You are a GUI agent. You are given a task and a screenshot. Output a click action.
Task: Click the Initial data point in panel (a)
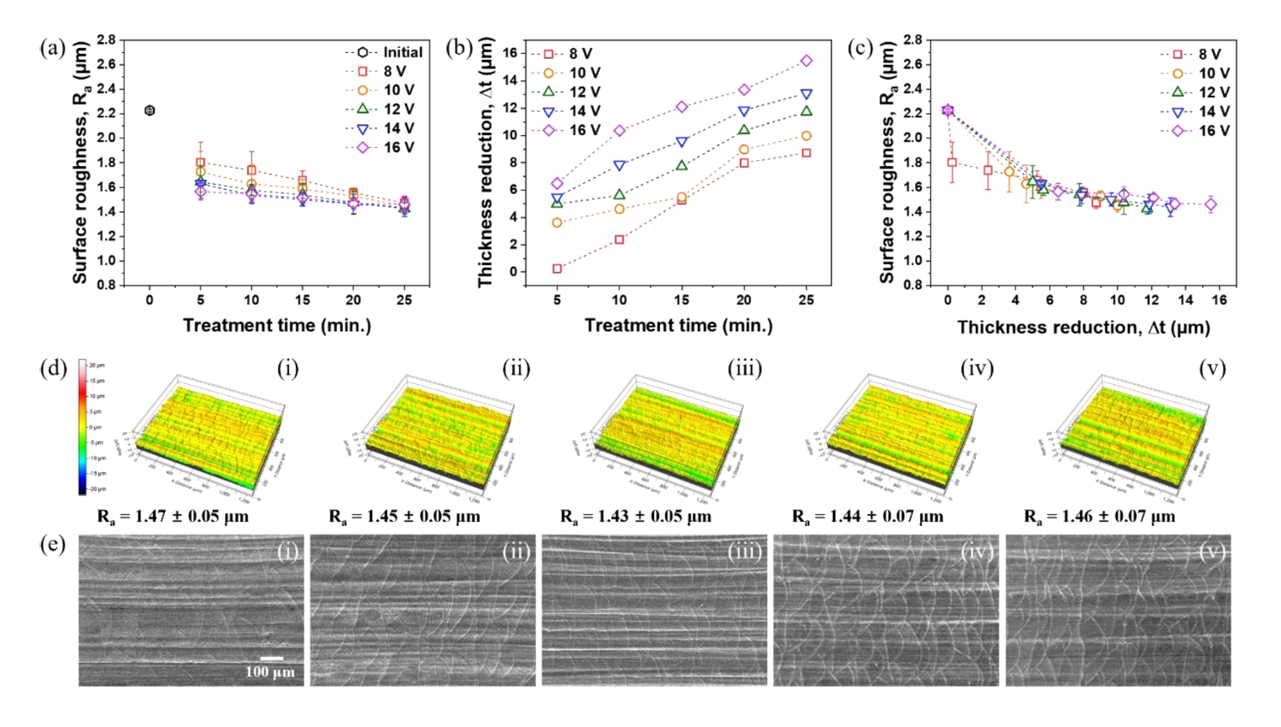click(x=150, y=110)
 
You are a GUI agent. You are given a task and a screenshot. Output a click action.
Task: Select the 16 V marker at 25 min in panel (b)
click(x=806, y=61)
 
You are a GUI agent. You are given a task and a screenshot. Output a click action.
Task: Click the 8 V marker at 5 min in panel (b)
click(x=558, y=269)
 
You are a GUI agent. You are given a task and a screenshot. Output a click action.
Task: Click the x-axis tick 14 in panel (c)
click(x=1185, y=300)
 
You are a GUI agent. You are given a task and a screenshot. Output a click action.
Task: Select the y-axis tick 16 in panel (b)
click(x=510, y=53)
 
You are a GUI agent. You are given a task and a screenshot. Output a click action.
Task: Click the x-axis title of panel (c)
click(x=1083, y=328)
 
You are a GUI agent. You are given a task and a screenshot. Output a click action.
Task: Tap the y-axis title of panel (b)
click(x=486, y=163)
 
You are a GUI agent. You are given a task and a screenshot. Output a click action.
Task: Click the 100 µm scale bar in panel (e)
click(x=272, y=659)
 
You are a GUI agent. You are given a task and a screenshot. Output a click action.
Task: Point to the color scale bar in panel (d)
click(x=82, y=426)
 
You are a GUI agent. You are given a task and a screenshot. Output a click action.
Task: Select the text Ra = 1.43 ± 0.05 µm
click(x=635, y=517)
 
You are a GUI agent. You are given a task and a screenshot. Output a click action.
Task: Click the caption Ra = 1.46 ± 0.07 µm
click(x=1100, y=517)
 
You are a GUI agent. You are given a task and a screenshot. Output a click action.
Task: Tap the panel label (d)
click(x=53, y=369)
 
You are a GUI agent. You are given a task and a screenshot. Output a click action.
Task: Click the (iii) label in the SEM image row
click(x=744, y=552)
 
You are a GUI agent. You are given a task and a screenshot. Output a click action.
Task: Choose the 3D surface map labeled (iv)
click(x=881, y=432)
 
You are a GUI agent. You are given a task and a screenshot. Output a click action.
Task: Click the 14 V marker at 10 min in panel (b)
click(x=619, y=166)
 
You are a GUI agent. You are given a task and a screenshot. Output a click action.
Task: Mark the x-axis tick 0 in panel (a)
click(x=150, y=300)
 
